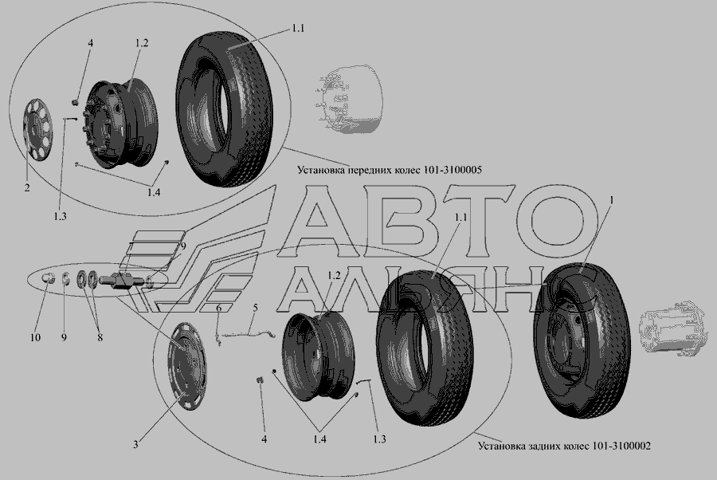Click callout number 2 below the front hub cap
pos(27,187)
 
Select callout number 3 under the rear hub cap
pos(135,444)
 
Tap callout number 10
pos(35,338)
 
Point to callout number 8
pos(100,338)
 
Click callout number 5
pos(255,308)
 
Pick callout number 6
pos(218,309)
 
